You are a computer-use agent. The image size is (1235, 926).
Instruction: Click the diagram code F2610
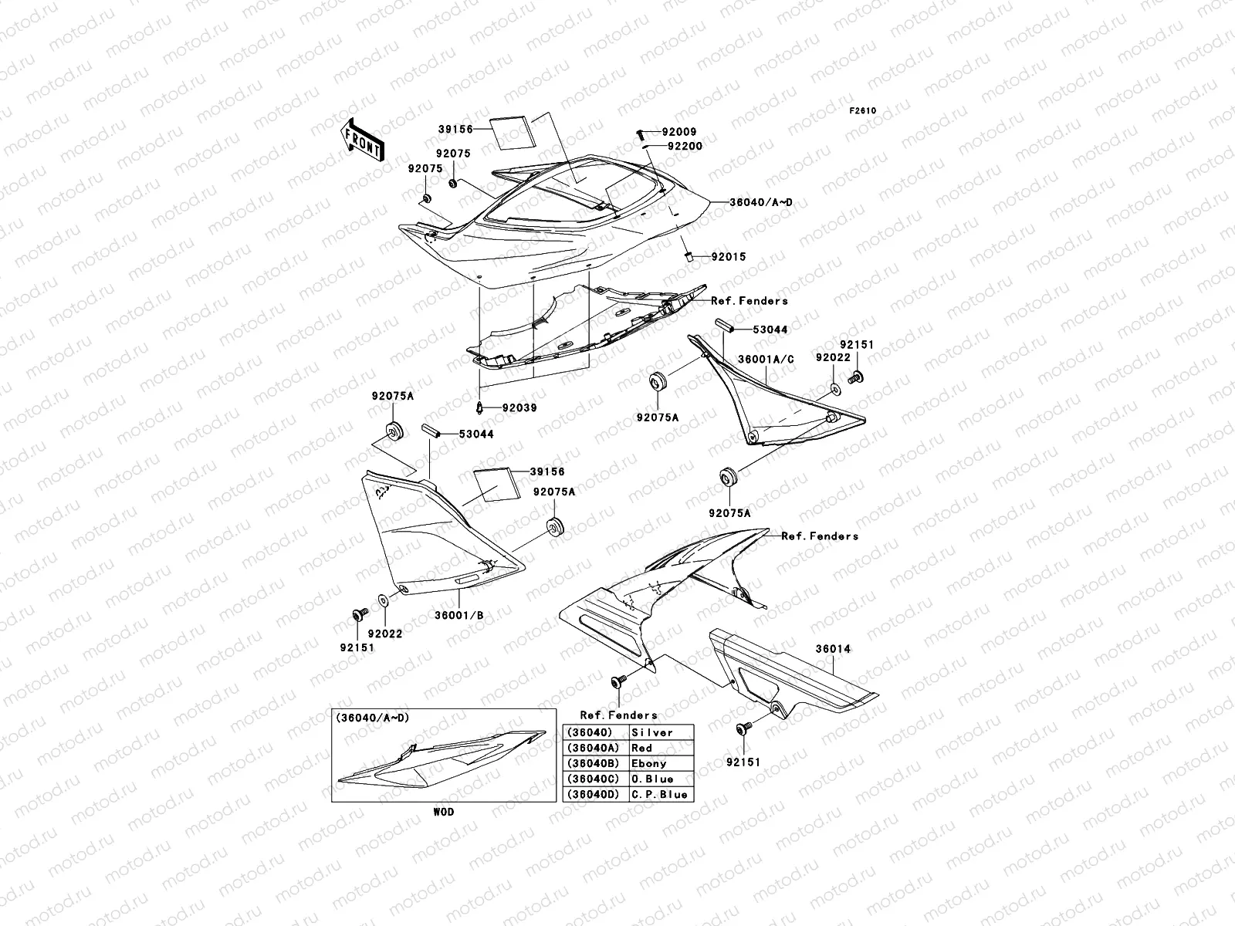[863, 110]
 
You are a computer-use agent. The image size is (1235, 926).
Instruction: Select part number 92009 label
[680, 132]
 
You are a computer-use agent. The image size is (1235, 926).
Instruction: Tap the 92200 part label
[685, 145]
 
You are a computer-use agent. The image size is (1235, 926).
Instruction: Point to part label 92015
[728, 257]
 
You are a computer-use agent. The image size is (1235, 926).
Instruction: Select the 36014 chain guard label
[833, 649]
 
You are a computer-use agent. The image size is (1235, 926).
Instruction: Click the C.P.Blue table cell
[660, 794]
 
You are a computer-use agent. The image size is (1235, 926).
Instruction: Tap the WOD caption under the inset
[443, 812]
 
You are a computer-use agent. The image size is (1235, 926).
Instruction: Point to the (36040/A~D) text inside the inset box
[372, 718]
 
